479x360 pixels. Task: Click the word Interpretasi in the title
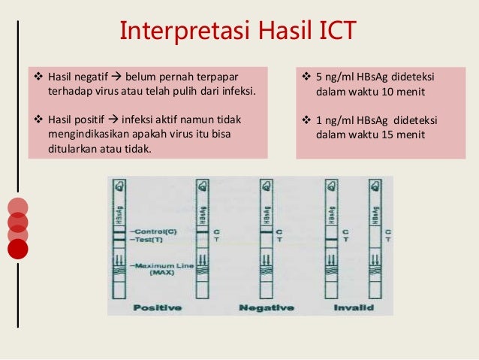[167, 32]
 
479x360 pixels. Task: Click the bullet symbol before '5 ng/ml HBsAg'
[306, 77]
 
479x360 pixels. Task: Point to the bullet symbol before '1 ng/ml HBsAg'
[306, 119]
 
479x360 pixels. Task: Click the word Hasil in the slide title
[264, 31]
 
